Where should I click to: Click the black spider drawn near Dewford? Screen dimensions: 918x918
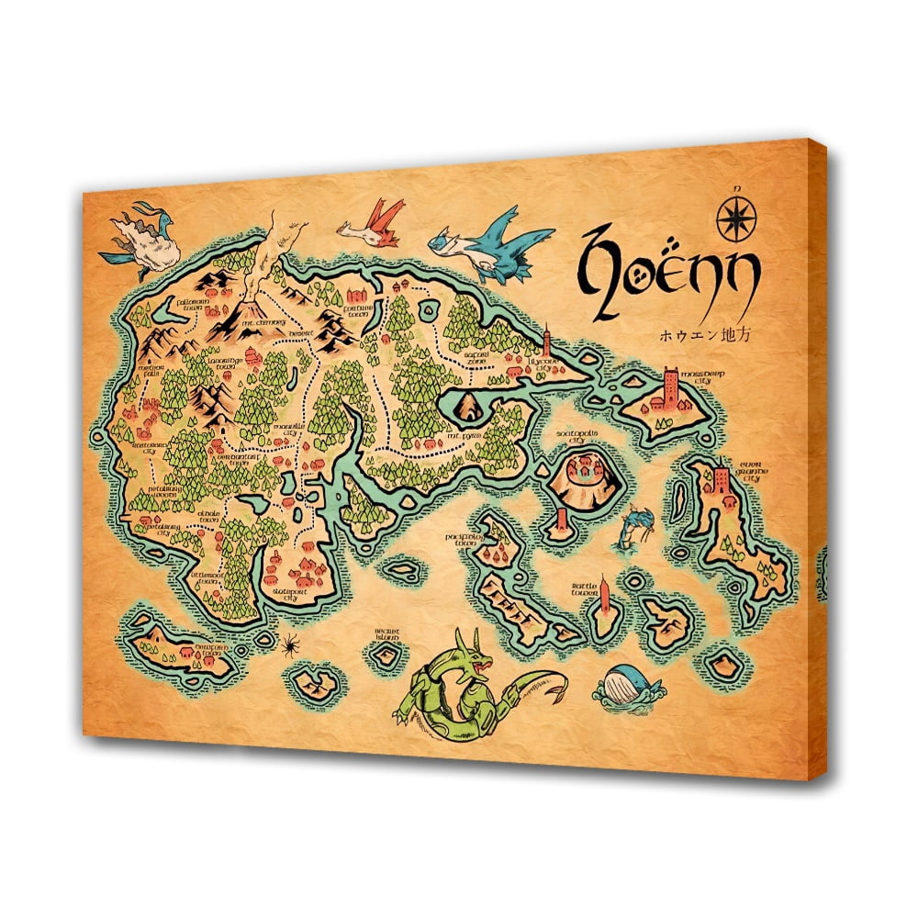[x=288, y=645]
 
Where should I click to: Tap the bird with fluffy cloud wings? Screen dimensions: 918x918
[x=139, y=236]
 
